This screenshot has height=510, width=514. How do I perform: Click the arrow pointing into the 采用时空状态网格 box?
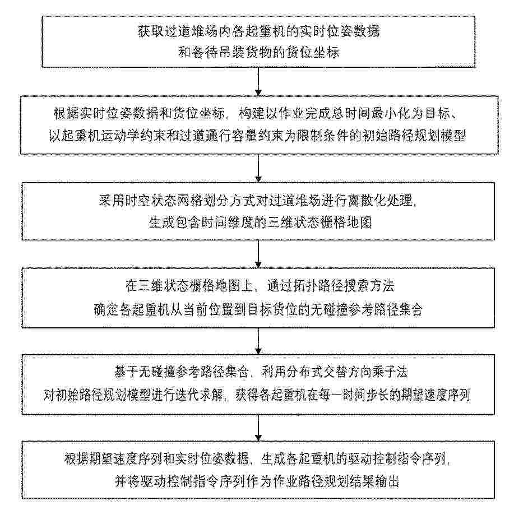(x=258, y=168)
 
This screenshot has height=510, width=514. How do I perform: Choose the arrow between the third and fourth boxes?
(x=258, y=254)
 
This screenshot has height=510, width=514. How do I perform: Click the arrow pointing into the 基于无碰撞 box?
(x=258, y=341)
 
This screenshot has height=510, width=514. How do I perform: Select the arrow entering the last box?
(x=258, y=428)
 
